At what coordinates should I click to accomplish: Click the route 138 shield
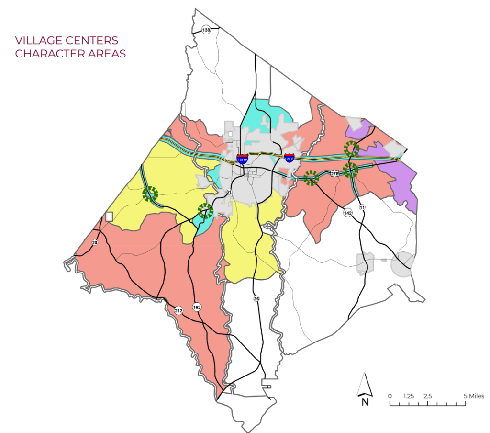(206, 30)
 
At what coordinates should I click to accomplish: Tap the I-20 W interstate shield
(242, 159)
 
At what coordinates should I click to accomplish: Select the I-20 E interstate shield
(289, 158)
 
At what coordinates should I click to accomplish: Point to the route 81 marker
(229, 193)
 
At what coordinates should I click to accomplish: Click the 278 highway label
(334, 173)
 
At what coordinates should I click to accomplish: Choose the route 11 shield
(362, 207)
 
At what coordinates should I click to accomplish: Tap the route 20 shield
(95, 243)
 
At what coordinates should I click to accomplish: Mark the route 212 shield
(178, 311)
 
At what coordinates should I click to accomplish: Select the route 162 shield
(197, 307)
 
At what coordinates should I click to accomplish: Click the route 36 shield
(256, 299)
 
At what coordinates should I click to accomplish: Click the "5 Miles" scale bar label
(474, 396)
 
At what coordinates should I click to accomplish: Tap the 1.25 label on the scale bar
(408, 396)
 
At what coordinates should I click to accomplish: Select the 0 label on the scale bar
(390, 396)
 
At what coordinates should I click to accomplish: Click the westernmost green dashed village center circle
(150, 194)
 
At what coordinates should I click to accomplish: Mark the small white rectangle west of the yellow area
(109, 216)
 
